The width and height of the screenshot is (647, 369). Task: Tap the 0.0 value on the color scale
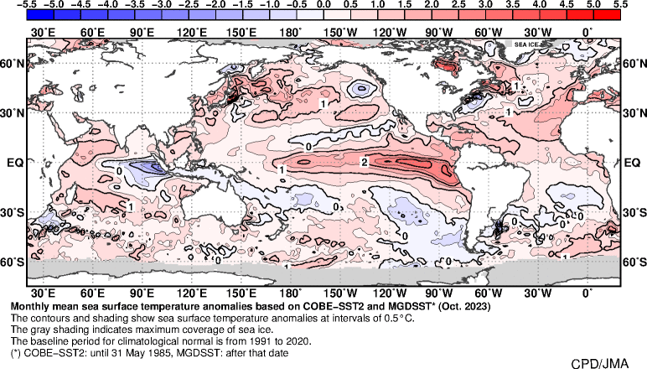coord(324,4)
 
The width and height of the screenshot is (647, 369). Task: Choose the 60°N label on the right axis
coord(635,63)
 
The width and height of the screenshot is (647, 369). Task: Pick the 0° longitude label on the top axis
coord(586,32)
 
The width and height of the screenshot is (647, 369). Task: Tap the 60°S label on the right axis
coord(635,262)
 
